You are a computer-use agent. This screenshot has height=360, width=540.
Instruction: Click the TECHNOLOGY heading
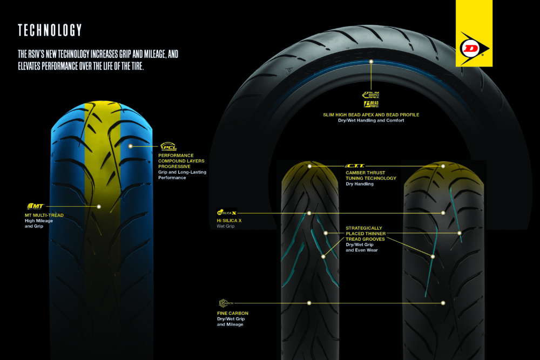[x=50, y=30]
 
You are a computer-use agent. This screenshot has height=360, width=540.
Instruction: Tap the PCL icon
[x=168, y=147]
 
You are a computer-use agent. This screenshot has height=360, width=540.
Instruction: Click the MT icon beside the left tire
[x=35, y=206]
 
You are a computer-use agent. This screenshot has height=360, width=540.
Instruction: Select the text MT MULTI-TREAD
[x=44, y=215]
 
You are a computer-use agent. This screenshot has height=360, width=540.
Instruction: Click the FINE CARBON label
[x=230, y=313]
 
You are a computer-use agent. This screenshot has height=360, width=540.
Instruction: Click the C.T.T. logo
[x=355, y=166]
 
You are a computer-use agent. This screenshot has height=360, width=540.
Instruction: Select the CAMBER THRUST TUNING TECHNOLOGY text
[x=370, y=175]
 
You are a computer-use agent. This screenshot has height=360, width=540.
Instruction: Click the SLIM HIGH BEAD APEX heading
[x=370, y=115]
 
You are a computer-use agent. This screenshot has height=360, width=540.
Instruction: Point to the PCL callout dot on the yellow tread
[x=130, y=146]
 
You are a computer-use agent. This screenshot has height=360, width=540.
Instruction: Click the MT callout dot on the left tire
[x=99, y=206]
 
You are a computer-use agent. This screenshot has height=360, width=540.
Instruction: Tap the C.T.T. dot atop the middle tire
[x=309, y=166]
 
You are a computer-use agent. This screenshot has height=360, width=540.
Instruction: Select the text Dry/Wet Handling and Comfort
[x=370, y=121]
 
